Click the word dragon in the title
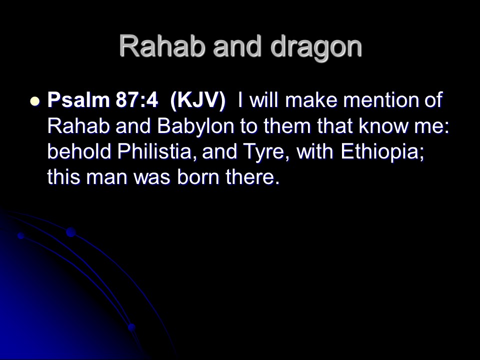[316, 47]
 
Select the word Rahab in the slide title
[161, 46]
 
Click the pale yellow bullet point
[35, 100]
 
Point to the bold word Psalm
[78, 100]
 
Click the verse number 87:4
[137, 100]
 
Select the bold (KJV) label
[198, 100]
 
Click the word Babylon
[195, 126]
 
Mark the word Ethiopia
[382, 152]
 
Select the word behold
[79, 151]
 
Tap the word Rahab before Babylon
[78, 126]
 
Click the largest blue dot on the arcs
[70, 232]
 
